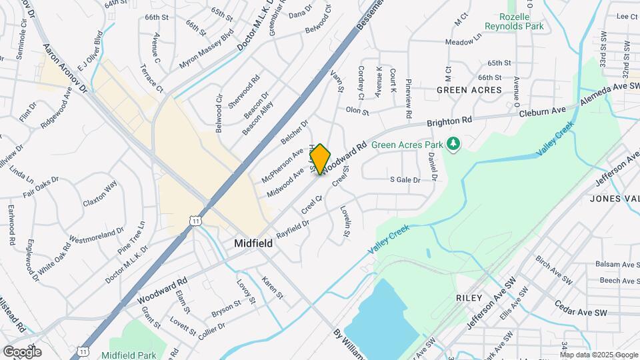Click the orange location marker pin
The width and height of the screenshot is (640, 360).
(x=320, y=159)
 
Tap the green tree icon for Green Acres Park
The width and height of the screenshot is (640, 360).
(x=453, y=143)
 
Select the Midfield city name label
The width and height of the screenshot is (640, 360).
(x=253, y=244)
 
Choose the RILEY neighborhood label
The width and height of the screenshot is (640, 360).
(x=469, y=297)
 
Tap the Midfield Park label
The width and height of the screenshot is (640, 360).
(x=130, y=355)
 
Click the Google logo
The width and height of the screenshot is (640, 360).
(x=22, y=351)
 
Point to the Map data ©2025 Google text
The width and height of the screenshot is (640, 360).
(x=599, y=355)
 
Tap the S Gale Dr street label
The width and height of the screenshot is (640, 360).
(x=405, y=180)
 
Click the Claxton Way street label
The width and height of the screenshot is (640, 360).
(x=99, y=193)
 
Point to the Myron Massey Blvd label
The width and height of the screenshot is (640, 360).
(x=206, y=49)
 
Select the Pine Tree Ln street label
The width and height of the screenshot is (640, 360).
(x=131, y=237)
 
